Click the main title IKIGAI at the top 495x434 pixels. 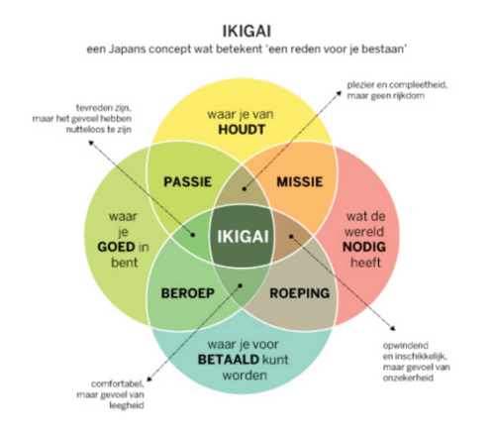(247, 32)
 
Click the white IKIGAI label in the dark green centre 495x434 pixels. (243, 237)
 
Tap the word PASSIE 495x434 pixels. (187, 182)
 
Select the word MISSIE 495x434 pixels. (300, 182)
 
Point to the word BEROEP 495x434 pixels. (187, 293)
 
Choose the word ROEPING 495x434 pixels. (300, 293)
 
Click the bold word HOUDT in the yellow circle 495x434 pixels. (242, 130)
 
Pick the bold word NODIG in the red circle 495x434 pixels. (364, 247)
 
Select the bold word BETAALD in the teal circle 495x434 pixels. (229, 360)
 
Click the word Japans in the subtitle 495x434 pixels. (127, 50)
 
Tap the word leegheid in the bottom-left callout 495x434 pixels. (127, 405)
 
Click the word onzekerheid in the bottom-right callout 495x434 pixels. (408, 378)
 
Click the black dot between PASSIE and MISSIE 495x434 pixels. (245, 189)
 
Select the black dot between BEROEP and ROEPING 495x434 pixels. (241, 285)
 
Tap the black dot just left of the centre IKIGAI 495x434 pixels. (193, 235)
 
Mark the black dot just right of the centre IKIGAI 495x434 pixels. (291, 237)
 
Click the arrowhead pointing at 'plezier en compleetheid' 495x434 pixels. (339, 93)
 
